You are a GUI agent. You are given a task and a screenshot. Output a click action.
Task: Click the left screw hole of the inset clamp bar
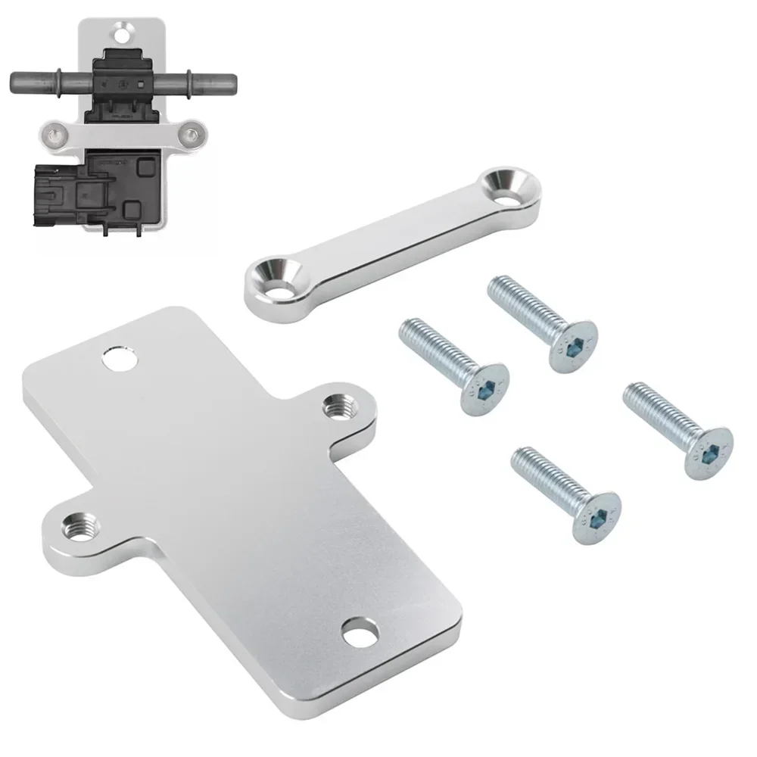pyautogui.click(x=54, y=136)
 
